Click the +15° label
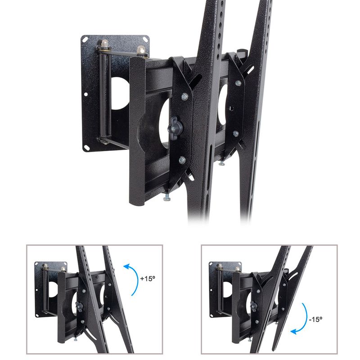(x=148, y=279)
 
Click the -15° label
(x=316, y=319)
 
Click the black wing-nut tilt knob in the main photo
(x=175, y=128)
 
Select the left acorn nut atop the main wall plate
(x=104, y=43)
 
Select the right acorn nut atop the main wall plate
(x=141, y=49)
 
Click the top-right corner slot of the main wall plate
(x=145, y=39)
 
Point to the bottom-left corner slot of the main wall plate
(x=87, y=147)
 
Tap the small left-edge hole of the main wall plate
(x=85, y=94)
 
